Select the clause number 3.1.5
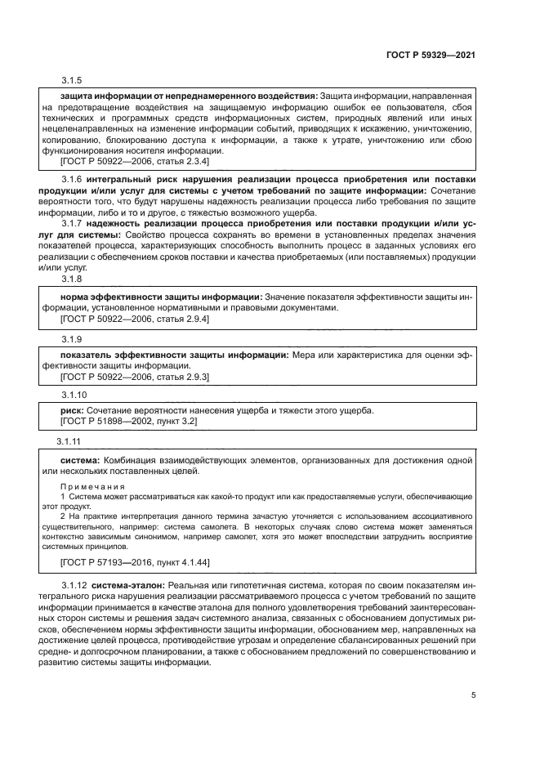tap(72, 81)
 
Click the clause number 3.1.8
tap(72, 279)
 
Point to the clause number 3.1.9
tap(72, 338)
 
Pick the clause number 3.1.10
tap(74, 394)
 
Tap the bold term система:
tap(81, 461)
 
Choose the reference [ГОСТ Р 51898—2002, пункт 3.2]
tap(129, 420)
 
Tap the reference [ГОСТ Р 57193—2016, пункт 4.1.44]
tap(136, 564)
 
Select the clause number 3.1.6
tap(74, 179)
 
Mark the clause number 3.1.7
tap(74, 222)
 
